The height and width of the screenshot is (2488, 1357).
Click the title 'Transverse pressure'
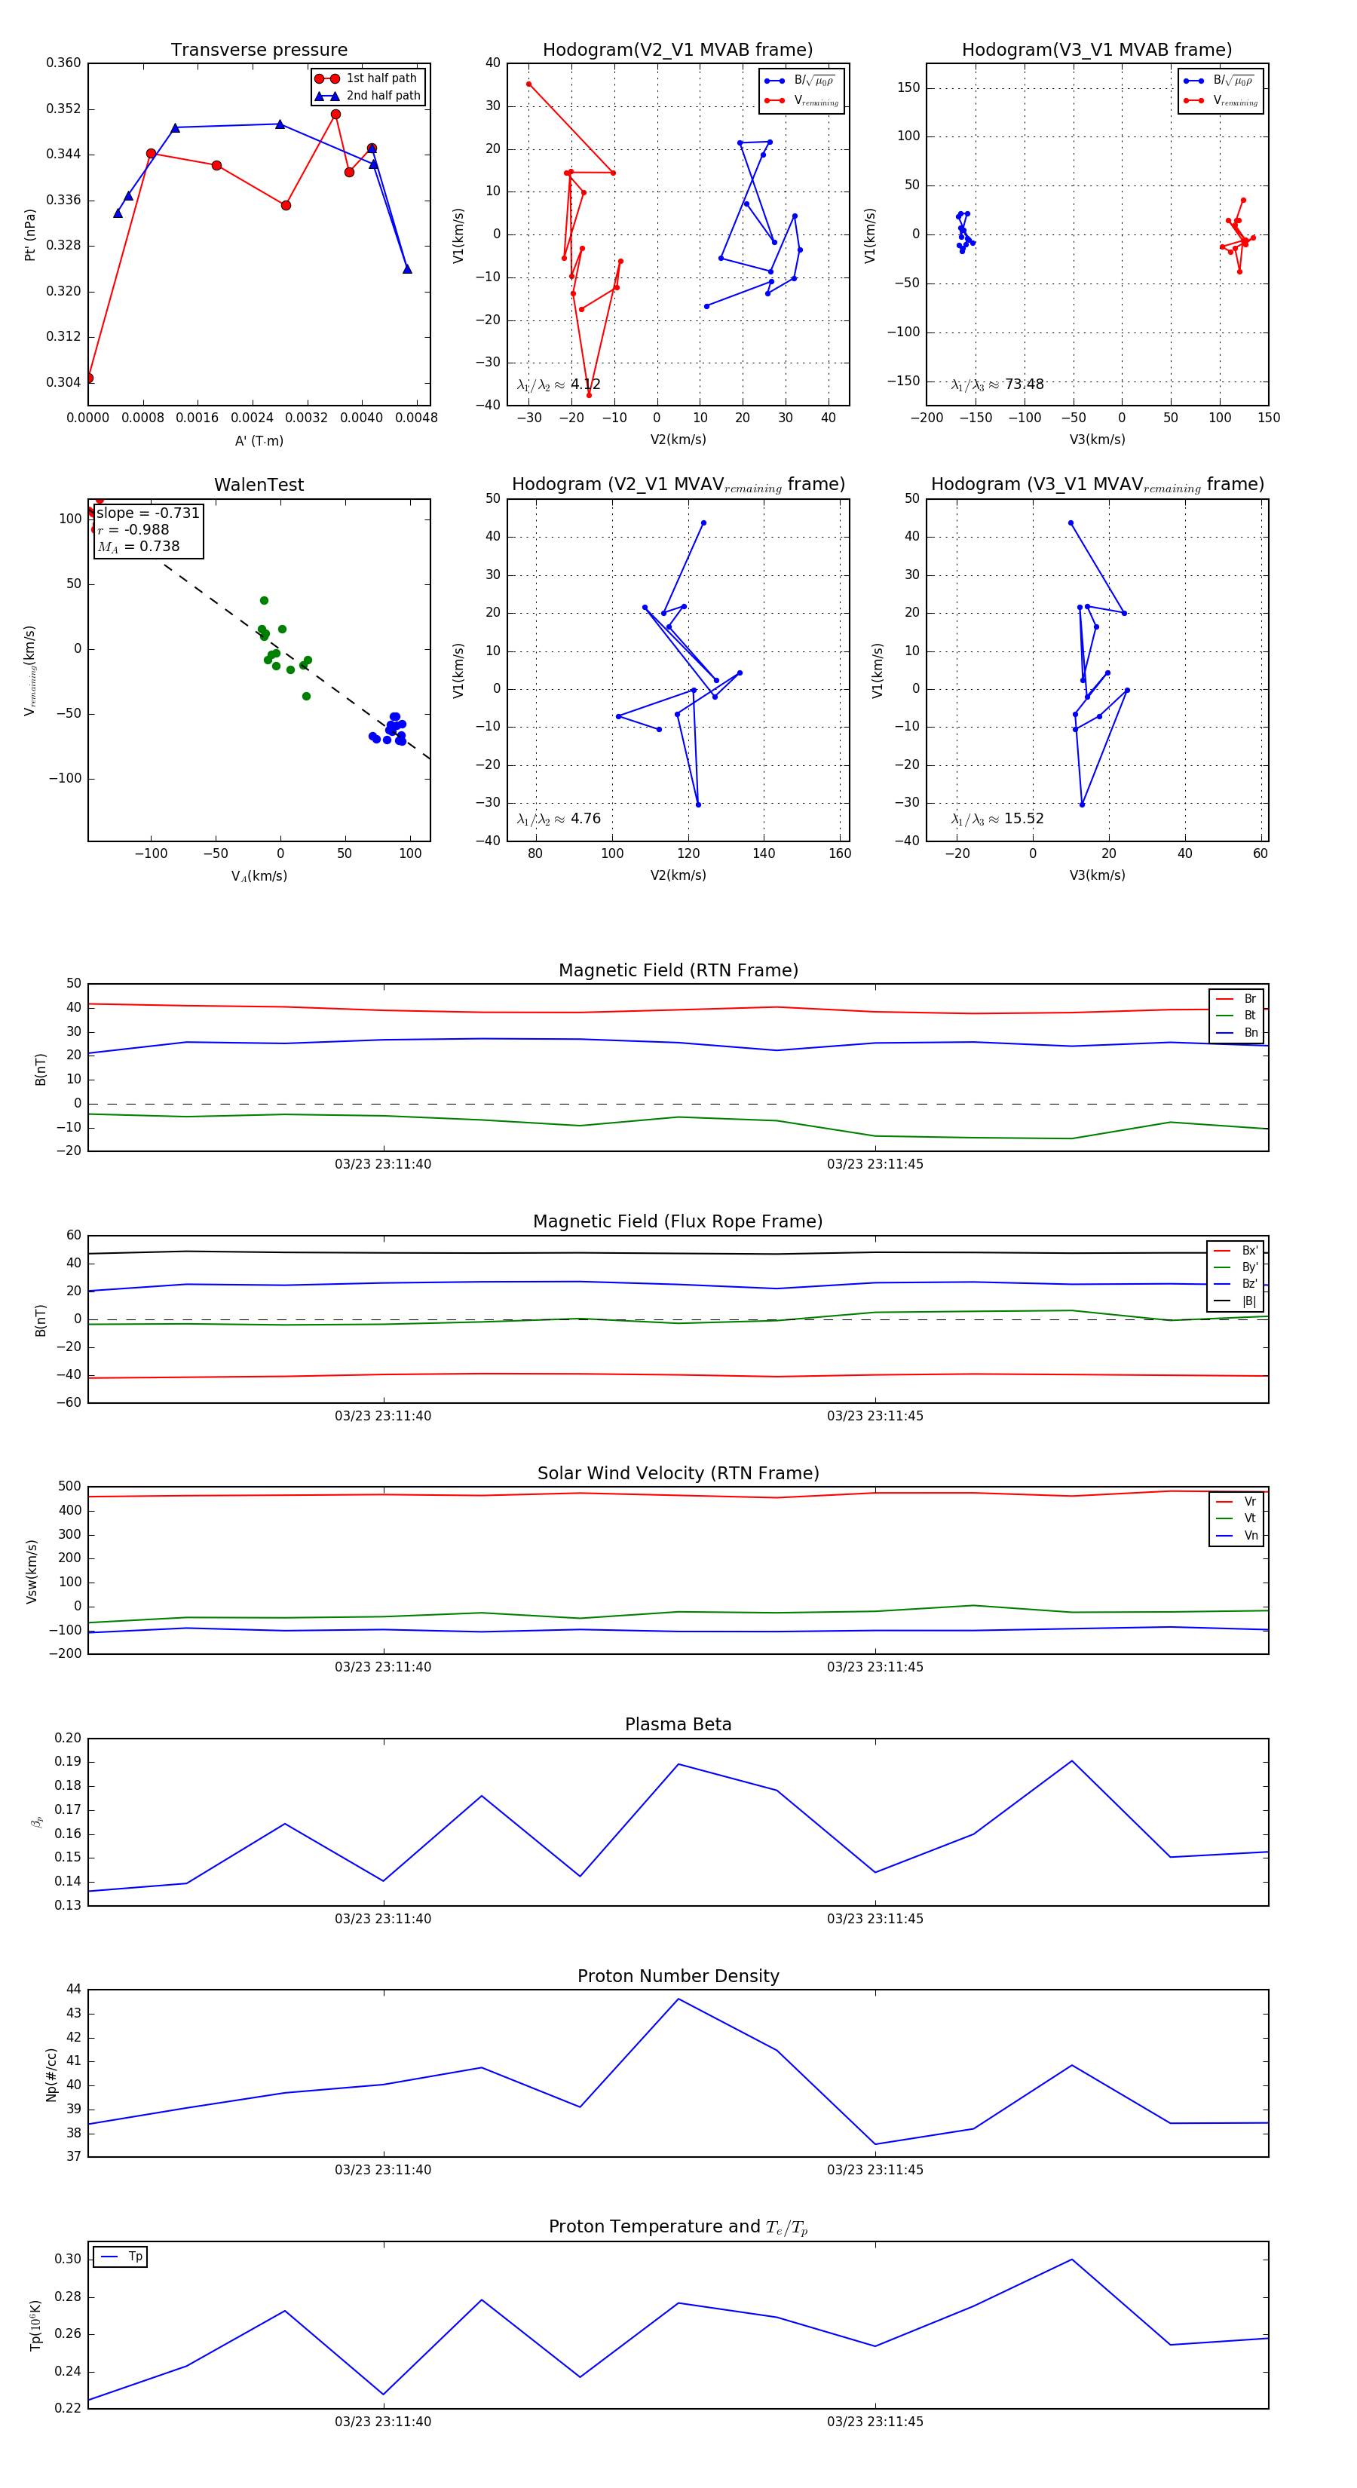(259, 51)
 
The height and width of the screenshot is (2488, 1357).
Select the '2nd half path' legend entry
(382, 96)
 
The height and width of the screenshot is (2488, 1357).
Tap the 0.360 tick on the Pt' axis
(64, 63)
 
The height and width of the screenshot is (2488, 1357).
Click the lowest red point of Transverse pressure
(89, 378)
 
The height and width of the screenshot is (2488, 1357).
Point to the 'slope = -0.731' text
(148, 513)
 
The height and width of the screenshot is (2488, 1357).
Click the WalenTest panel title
(259, 485)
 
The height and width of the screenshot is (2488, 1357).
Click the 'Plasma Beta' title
(678, 1725)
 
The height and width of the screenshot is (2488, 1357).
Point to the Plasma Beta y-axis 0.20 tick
(68, 1739)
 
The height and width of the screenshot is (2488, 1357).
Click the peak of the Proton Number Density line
(678, 1999)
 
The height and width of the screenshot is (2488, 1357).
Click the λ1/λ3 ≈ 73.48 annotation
(997, 385)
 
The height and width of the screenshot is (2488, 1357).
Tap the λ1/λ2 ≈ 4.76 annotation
(559, 819)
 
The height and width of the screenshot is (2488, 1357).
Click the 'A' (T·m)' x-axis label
(259, 440)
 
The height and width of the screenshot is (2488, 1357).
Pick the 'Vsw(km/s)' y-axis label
(32, 1571)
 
